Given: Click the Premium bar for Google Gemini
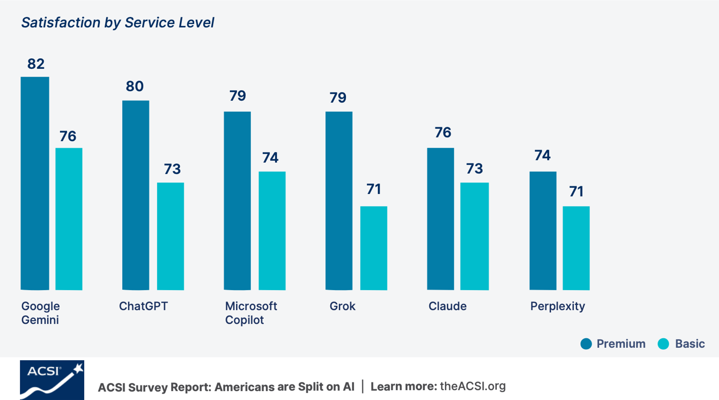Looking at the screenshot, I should [x=35, y=183].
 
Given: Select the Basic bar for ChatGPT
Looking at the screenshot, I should [x=170, y=236].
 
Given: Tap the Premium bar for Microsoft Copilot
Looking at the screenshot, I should [x=237, y=201].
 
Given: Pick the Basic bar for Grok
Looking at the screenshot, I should [x=373, y=248].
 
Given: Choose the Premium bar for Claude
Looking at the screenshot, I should [x=440, y=219].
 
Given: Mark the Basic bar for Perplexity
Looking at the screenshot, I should [x=576, y=248].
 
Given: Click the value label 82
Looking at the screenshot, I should [x=36, y=64].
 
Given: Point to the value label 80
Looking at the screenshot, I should [x=134, y=86].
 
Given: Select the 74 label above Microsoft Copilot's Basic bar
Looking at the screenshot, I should [x=270, y=158].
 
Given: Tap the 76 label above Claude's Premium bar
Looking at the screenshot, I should [x=443, y=132].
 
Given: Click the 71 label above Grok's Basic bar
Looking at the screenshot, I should [x=373, y=189].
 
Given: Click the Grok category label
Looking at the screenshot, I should [x=343, y=306].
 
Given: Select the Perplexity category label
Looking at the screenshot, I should [x=558, y=307].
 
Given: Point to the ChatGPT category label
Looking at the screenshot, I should [x=144, y=306].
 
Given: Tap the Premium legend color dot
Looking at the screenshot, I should [x=586, y=343].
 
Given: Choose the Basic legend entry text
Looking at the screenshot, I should [x=690, y=343].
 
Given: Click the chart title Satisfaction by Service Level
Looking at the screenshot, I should [x=118, y=23].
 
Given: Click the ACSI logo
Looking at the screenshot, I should [x=52, y=380].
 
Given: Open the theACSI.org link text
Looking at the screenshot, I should [x=473, y=386].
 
